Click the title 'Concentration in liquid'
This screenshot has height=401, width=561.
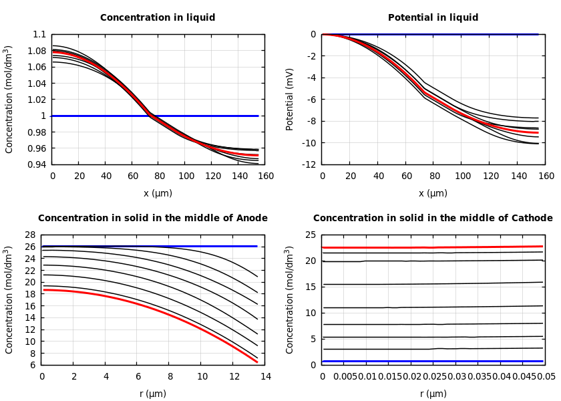[x=158, y=18]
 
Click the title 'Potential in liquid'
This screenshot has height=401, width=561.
[x=433, y=18]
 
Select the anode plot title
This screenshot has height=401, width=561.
[x=153, y=219]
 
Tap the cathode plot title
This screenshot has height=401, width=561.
[x=433, y=219]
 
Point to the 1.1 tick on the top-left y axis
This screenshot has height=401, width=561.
[x=39, y=35]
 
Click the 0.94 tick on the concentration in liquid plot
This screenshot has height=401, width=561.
[x=37, y=164]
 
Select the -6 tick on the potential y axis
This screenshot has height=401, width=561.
[x=311, y=100]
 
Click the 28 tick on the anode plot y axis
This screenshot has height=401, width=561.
[x=29, y=235]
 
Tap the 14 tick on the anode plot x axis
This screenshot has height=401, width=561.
[x=265, y=377]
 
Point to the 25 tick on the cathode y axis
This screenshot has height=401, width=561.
[x=310, y=235]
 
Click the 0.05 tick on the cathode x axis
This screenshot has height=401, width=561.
[x=546, y=377]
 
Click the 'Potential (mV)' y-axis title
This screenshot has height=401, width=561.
[x=290, y=99]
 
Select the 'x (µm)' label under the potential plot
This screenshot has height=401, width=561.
[x=433, y=194]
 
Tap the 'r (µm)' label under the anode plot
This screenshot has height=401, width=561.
[x=153, y=394]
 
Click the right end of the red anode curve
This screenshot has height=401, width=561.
[x=256, y=362]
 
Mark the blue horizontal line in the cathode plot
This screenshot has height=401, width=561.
[x=433, y=361]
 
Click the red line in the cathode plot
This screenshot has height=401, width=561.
[x=433, y=247]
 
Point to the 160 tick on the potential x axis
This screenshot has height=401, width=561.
[x=546, y=176]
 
